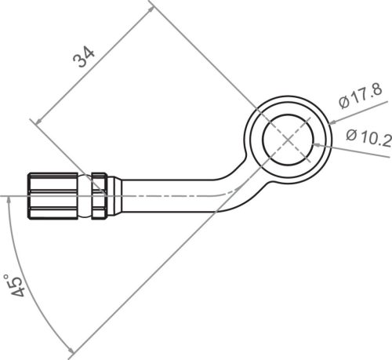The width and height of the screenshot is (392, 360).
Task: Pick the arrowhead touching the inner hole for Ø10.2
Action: pyautogui.click(x=315, y=143)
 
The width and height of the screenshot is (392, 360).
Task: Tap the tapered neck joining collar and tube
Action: pyautogui.click(x=113, y=192)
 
